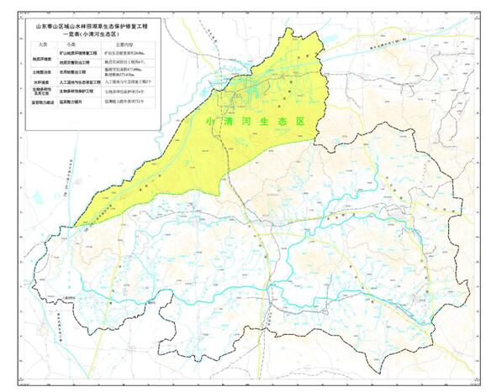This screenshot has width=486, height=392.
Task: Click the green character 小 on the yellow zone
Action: [x=211, y=120]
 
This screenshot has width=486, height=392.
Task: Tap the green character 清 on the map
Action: [x=233, y=120]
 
